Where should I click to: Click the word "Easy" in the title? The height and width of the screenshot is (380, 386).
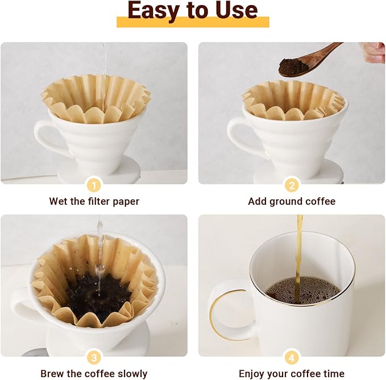click(x=153, y=10)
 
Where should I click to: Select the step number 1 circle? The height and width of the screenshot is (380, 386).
click(x=94, y=184)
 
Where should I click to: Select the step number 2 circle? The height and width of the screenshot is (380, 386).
click(x=292, y=184)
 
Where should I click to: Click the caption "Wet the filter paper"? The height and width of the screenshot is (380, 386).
click(x=94, y=201)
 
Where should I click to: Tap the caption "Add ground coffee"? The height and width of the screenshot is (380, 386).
click(x=292, y=201)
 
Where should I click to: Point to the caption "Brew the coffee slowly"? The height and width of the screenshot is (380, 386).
click(x=94, y=374)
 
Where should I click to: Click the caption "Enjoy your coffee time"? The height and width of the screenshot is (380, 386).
click(x=292, y=374)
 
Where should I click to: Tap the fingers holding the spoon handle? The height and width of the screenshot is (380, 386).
click(x=373, y=52)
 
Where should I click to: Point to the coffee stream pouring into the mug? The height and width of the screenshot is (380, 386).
click(x=299, y=250)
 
